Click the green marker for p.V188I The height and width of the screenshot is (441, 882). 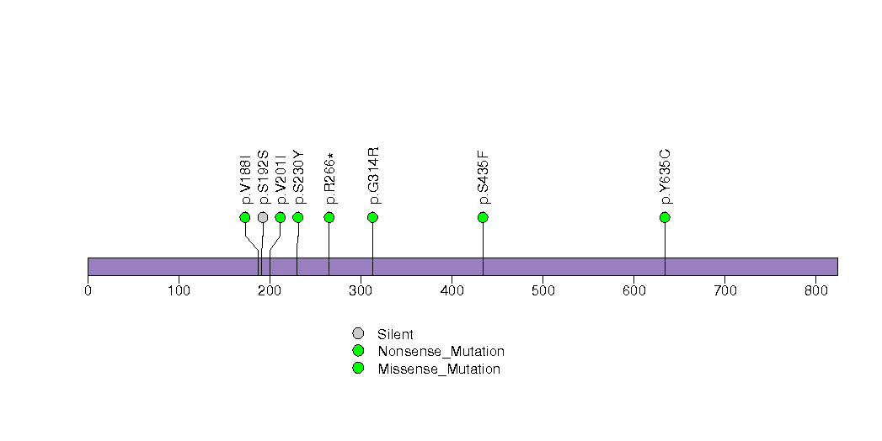pos(245,217)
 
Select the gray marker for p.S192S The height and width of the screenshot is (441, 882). pos(263,217)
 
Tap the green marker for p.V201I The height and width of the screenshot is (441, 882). pos(281,217)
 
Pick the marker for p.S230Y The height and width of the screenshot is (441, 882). pos(297,217)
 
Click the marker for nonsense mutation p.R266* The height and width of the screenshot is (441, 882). pos(329,217)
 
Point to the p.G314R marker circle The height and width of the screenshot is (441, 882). pos(373,217)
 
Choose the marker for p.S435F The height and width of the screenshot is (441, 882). pos(483,217)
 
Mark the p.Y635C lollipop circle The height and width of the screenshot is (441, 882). pos(665,217)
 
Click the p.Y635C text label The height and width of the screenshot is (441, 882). pos(666,177)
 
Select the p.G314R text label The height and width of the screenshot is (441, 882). pos(374,175)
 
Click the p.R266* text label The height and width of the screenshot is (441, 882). pos(330,178)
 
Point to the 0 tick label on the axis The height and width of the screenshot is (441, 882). pos(88,291)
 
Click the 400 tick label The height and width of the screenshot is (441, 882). pos(452,291)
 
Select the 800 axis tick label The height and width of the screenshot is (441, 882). pos(815,291)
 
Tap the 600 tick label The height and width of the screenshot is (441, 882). pos(633,291)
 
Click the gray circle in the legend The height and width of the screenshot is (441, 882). pos(358,333)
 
